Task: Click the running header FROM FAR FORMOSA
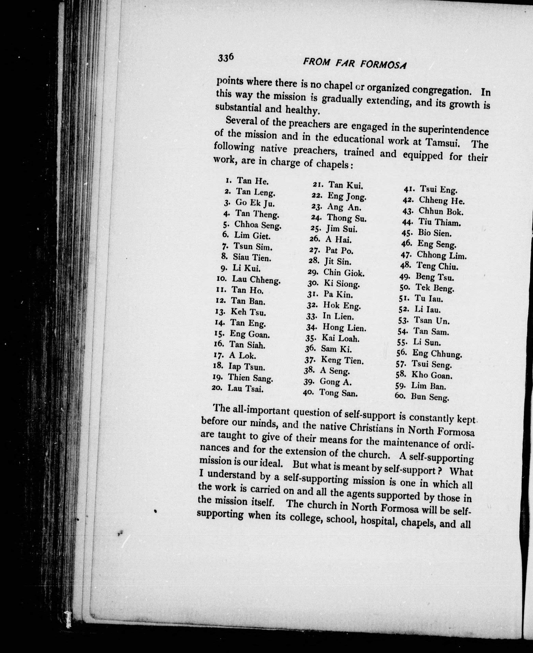coord(354,64)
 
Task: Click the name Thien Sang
coord(250,378)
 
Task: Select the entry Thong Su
coord(346,218)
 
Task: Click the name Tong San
coord(338,393)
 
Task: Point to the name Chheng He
coord(442,201)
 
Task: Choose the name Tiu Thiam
coord(440,222)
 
